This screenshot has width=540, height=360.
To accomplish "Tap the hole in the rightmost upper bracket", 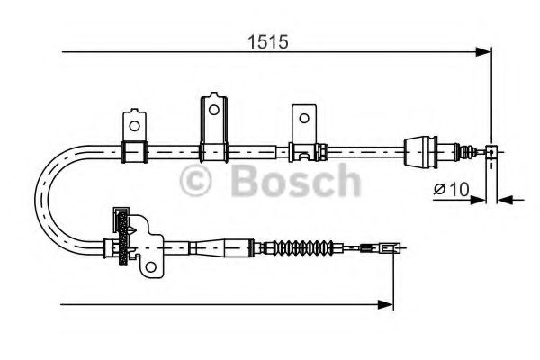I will [x=303, y=118].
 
